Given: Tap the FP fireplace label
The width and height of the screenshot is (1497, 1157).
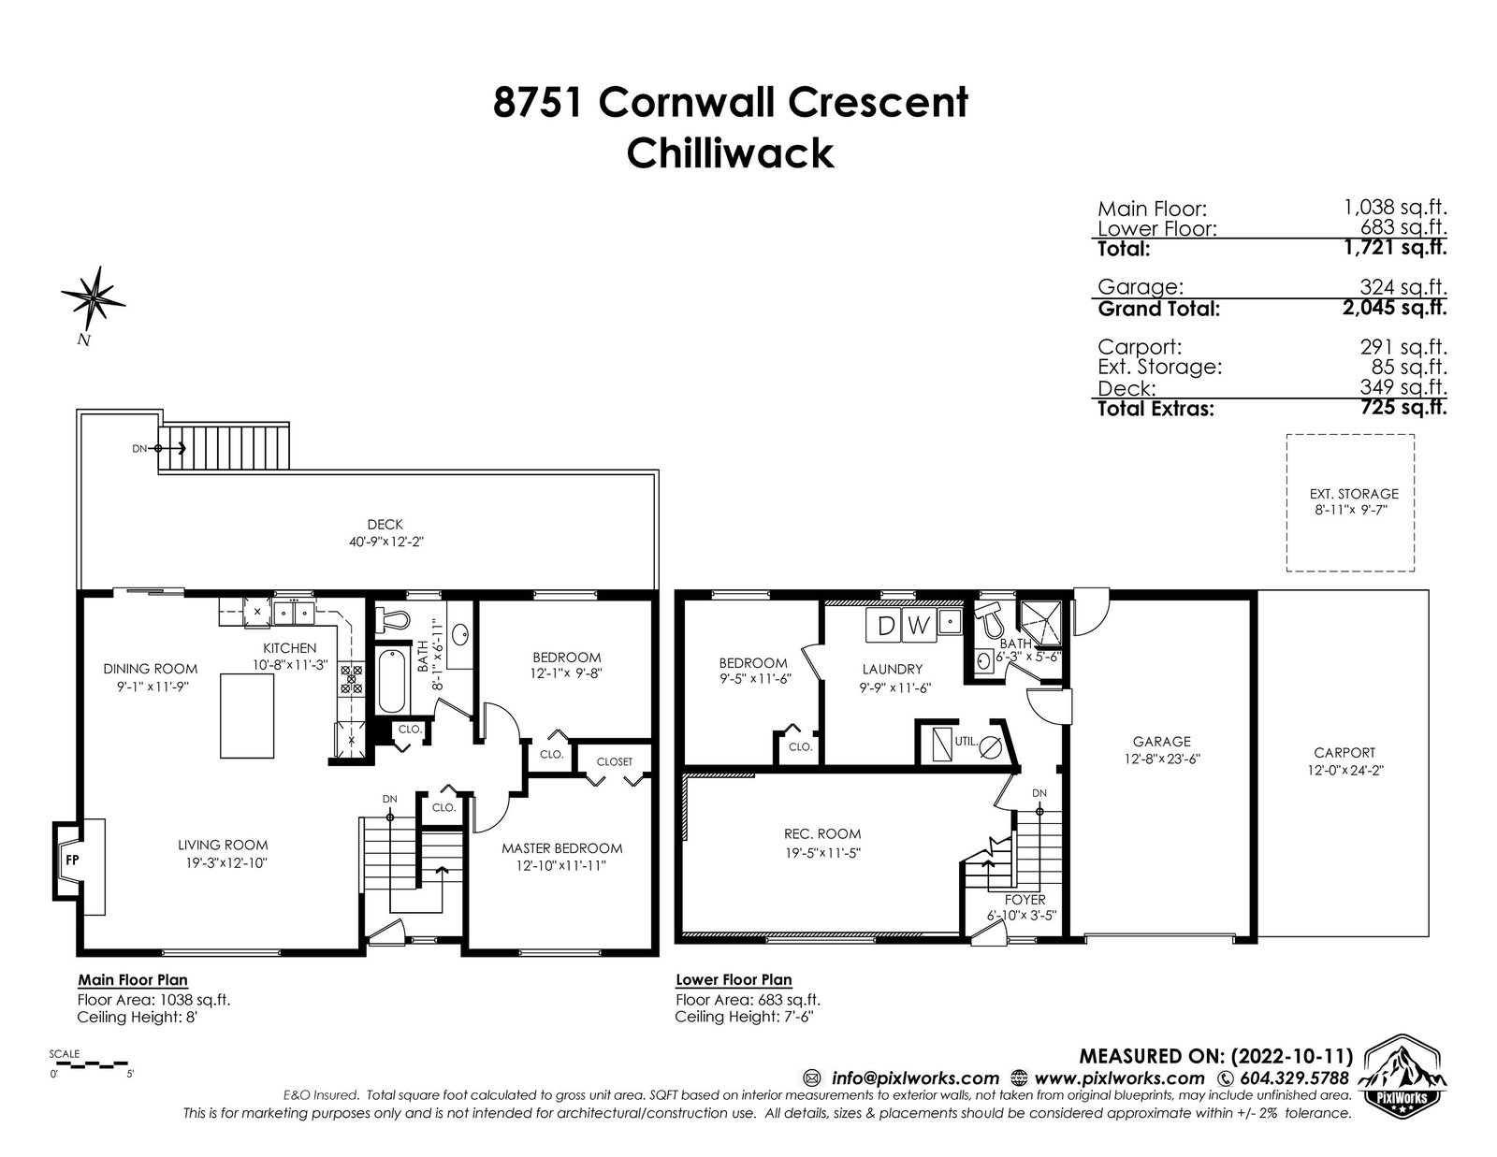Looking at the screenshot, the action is point(72,861).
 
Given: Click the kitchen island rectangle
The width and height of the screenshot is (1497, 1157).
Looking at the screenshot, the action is point(247,716).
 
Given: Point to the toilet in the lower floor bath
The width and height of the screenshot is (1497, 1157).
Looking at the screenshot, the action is point(990,619).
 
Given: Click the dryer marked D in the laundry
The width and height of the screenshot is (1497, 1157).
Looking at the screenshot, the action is point(886,626).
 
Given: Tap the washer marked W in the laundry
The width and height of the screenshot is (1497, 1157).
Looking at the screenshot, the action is point(919,626).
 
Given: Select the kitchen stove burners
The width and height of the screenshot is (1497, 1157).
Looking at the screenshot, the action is point(351,678).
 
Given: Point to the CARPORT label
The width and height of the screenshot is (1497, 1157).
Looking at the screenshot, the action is point(1344,753).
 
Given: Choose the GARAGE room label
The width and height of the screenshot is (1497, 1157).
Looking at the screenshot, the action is point(1161,742).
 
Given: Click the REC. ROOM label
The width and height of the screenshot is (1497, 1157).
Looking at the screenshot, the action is point(821,834).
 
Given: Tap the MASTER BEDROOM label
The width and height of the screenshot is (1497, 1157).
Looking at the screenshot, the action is point(561,848).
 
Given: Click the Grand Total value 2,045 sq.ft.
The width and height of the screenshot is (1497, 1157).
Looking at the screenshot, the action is point(1394,307).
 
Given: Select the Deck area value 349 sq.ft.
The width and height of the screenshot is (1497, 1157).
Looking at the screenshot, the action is point(1403,387).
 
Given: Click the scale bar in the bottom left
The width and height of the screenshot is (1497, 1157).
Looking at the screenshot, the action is point(89,1064).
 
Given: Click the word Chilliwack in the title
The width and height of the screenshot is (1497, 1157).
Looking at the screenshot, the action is point(730,152).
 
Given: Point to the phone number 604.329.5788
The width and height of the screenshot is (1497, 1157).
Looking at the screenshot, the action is point(1294,1077).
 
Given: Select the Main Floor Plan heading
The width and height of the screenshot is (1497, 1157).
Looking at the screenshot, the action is point(132,979).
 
